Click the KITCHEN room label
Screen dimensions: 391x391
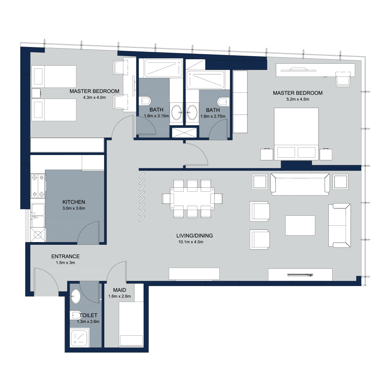74,202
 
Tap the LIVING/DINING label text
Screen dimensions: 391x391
194,236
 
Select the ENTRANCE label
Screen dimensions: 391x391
65,256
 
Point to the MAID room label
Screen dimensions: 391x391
120,290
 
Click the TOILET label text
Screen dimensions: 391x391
88,315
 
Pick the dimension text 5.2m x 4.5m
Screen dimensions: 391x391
298,99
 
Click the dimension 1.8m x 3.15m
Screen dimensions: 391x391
156,116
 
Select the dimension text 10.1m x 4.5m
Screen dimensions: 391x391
191,242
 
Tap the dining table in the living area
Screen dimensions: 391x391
192,199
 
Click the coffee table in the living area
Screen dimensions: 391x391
300,225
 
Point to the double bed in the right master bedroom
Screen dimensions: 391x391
296,134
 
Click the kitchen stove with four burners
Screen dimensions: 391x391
38,186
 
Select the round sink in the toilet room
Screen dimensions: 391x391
75,296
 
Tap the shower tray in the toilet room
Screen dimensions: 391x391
79,338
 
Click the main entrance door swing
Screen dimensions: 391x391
46,281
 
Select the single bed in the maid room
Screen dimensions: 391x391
131,324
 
